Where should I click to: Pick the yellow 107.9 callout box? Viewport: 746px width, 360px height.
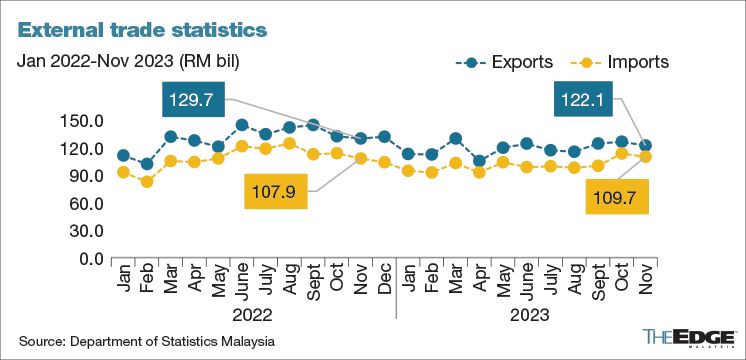coord(276,190)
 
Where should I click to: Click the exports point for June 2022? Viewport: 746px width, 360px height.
coord(242,126)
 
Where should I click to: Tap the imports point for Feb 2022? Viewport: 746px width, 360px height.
coord(147,182)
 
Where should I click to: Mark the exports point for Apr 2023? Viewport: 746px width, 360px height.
coord(479,160)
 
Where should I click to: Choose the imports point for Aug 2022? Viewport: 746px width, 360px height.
coord(289,144)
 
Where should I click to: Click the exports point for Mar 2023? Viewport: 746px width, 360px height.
coord(456,139)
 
